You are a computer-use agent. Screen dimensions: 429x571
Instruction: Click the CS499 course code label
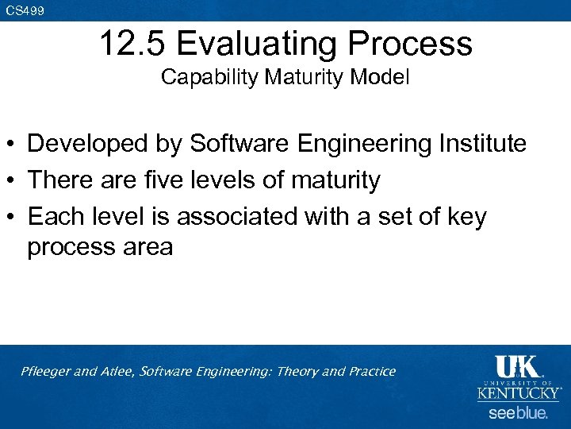[25, 10]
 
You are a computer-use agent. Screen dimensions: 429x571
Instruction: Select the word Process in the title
[417, 44]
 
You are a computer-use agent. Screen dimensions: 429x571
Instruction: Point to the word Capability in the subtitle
[200, 78]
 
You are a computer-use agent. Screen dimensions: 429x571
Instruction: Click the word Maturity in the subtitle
[288, 78]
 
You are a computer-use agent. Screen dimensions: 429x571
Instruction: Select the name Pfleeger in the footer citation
[46, 372]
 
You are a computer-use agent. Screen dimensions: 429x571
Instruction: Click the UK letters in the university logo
[517, 367]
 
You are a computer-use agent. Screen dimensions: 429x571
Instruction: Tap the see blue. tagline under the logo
[518, 413]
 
